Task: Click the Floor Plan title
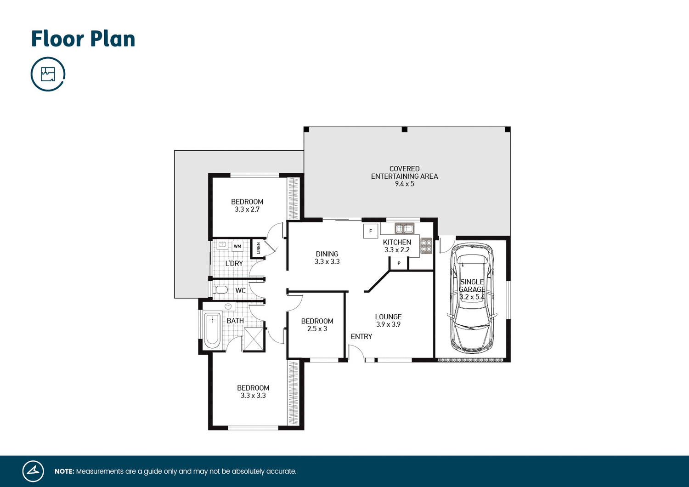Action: pos(83,39)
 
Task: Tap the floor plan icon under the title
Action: pos(48,74)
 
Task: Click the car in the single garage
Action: pos(472,299)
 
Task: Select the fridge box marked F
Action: pos(371,231)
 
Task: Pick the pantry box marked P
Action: pos(399,263)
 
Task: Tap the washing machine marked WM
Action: pos(237,246)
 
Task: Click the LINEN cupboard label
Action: pos(258,248)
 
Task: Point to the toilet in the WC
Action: pos(221,290)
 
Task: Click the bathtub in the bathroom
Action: pos(212,330)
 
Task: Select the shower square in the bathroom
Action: pos(254,339)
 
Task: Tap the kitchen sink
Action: pos(404,228)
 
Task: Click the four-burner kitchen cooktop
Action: pos(426,246)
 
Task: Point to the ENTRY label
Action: pos(361,337)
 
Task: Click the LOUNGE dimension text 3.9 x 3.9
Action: pos(388,324)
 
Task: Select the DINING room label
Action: pos(327,254)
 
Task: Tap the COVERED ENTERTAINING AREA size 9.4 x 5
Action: pos(404,184)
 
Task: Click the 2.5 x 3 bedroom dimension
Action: pos(317,329)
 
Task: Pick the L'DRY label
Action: pos(234,264)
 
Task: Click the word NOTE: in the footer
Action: pos(64,471)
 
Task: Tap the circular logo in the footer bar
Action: pos(33,471)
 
